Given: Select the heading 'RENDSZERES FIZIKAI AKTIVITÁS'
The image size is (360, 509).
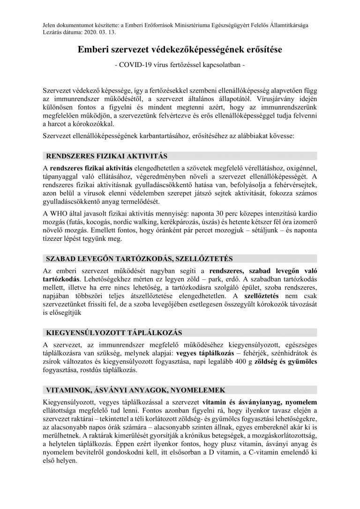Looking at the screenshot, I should pos(105,156).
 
